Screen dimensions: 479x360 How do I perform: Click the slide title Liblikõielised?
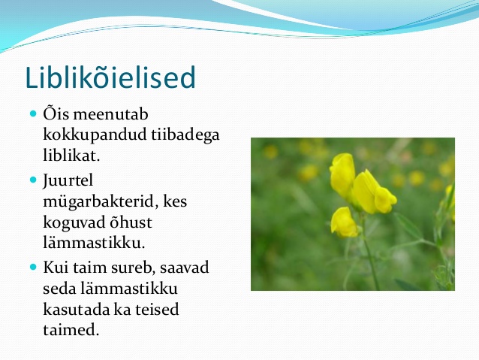[x=110, y=77]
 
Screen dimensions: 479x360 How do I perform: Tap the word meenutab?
[x=110, y=113]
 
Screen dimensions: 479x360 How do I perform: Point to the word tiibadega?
[x=185, y=135]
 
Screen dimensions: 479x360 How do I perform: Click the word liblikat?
[x=71, y=155]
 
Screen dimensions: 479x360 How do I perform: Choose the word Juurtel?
[x=68, y=180]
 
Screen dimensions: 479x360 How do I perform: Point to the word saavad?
[x=185, y=268]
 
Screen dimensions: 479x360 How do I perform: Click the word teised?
[x=157, y=309]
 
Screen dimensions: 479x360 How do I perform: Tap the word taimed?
[x=71, y=330]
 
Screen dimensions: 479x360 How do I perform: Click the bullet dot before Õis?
[x=33, y=114]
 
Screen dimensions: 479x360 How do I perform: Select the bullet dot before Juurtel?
[x=33, y=180]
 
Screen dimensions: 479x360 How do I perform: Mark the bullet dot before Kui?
[x=33, y=268]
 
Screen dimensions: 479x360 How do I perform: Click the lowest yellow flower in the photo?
[x=344, y=222]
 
